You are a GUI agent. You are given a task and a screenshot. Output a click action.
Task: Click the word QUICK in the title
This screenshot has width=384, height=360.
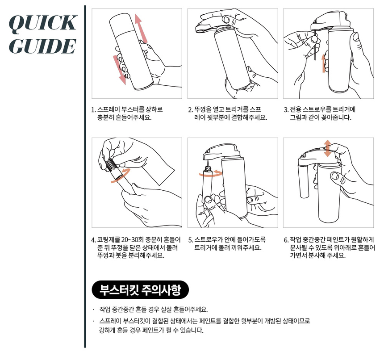[43, 24]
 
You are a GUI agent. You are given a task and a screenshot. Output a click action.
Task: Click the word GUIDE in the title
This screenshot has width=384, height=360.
[42, 46]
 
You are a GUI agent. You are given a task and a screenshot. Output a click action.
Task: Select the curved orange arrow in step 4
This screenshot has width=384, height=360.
[121, 175]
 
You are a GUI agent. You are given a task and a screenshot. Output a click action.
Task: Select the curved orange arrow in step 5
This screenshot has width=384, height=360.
[211, 173]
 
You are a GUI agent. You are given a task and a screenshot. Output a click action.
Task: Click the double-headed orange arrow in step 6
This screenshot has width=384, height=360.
[327, 148]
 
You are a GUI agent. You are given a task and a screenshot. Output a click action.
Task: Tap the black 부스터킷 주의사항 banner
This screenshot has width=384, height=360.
[140, 290]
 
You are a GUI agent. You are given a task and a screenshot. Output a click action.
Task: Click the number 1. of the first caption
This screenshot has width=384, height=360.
[93, 110]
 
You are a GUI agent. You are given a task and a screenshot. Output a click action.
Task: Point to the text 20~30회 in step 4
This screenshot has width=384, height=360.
[132, 239]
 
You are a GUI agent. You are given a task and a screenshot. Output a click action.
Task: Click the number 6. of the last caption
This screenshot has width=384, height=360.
[286, 240]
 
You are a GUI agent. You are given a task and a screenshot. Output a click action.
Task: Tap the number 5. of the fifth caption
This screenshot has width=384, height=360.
[191, 240]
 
